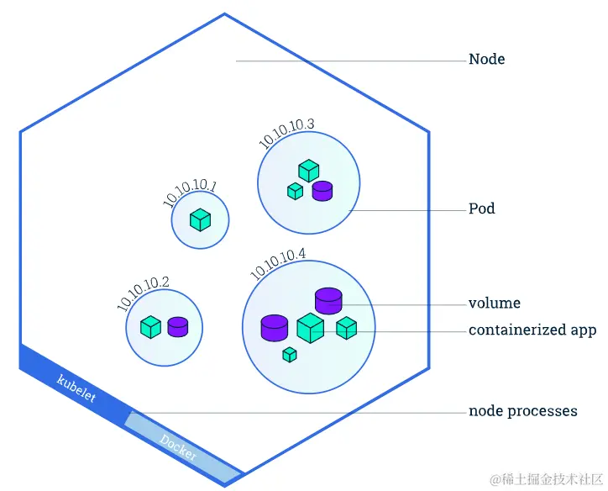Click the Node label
click(x=486, y=60)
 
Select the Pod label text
click(x=481, y=208)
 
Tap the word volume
click(x=494, y=304)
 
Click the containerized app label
click(x=532, y=330)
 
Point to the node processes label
click(x=522, y=412)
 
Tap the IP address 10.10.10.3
click(x=287, y=133)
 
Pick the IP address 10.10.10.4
click(x=278, y=263)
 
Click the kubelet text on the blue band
click(x=76, y=389)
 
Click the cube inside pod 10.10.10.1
click(x=200, y=220)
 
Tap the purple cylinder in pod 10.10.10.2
click(x=177, y=327)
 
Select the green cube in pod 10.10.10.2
click(x=150, y=327)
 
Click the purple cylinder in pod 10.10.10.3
click(x=322, y=191)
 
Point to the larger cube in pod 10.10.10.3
click(x=309, y=170)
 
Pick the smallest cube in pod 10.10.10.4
click(x=290, y=354)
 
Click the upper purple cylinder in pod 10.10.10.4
click(x=328, y=299)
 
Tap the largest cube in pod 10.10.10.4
click(x=311, y=328)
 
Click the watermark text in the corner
click(x=545, y=478)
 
